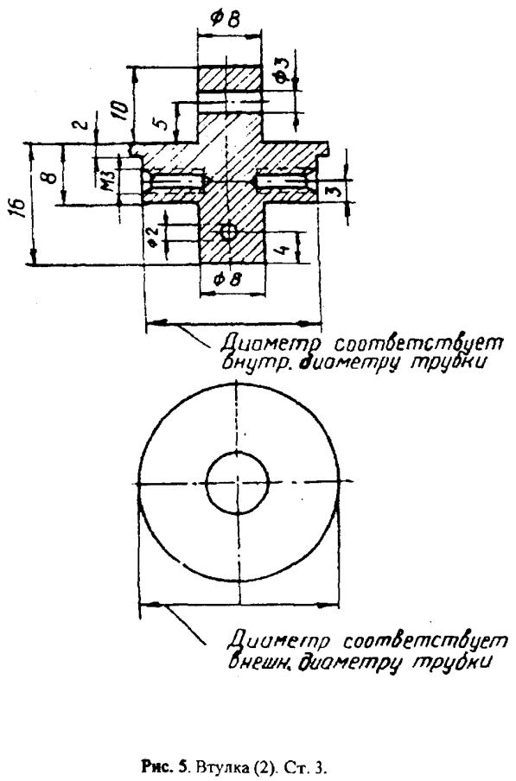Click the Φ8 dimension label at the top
(x=226, y=19)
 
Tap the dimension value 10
(x=119, y=109)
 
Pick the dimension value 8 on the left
(x=47, y=177)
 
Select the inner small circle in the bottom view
(x=238, y=482)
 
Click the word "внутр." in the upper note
(x=252, y=362)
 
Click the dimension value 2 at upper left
(x=85, y=123)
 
